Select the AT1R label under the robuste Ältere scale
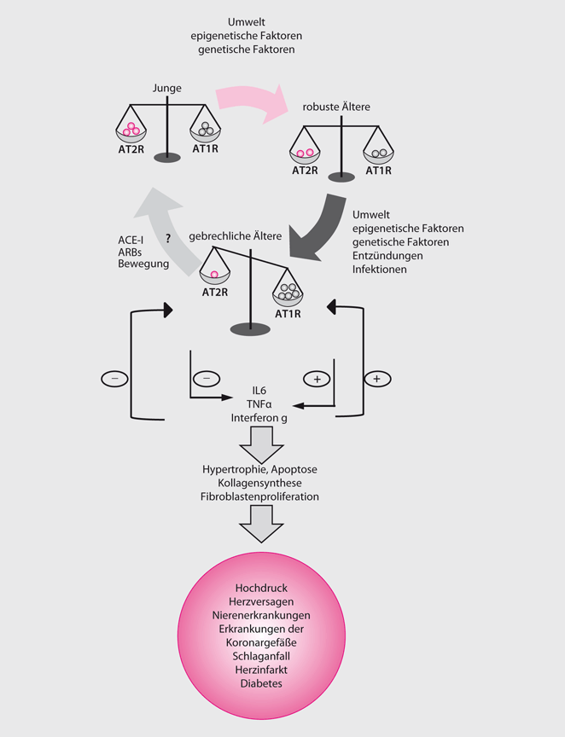378,171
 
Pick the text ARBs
131,252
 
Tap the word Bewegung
143,265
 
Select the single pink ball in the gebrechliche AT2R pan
214,276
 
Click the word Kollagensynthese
260,483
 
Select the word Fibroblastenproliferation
260,496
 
